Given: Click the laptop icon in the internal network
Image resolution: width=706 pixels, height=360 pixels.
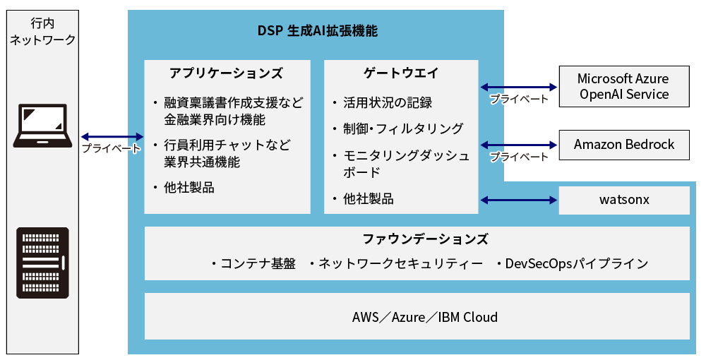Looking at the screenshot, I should [x=42, y=126].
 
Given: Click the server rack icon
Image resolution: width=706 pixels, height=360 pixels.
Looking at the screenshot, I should [x=42, y=264].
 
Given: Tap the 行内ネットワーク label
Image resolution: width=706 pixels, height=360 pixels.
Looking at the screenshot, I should [x=42, y=31].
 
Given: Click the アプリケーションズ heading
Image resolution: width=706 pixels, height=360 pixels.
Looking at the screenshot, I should [x=227, y=73].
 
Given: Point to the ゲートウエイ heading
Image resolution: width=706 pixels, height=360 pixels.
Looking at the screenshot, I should [x=401, y=73].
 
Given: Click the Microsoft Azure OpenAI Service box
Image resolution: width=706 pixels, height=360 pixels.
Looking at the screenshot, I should [x=623, y=86].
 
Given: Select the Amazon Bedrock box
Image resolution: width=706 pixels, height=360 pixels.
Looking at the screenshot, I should [x=623, y=145].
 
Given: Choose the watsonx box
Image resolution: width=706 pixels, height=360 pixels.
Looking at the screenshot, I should [x=623, y=200].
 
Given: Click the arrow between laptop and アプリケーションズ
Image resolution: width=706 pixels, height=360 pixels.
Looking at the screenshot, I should [x=112, y=137].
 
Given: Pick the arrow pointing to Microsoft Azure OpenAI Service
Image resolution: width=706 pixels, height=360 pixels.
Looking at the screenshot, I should [x=518, y=87].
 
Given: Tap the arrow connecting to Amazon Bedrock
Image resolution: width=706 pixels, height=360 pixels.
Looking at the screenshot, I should [x=518, y=145].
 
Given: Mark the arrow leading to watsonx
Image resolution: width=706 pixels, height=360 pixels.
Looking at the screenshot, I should [x=518, y=201].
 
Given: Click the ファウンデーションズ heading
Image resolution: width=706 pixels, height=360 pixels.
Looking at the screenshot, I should [x=416, y=239].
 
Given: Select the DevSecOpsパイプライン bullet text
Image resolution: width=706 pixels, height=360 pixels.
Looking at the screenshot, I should [x=576, y=264].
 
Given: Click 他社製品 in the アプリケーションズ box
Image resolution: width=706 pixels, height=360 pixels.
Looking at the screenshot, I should [x=189, y=188].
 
